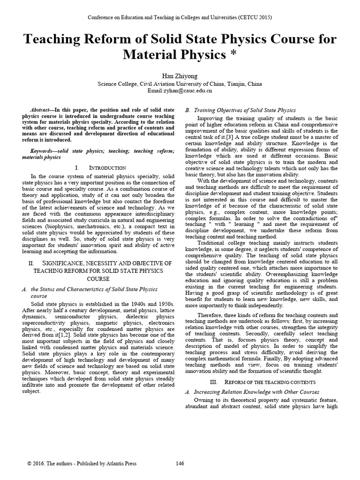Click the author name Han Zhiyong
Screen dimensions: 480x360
point(180,76)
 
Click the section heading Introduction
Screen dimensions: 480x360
point(107,167)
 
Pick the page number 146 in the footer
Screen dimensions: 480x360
point(180,464)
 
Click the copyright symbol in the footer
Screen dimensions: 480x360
point(29,464)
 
